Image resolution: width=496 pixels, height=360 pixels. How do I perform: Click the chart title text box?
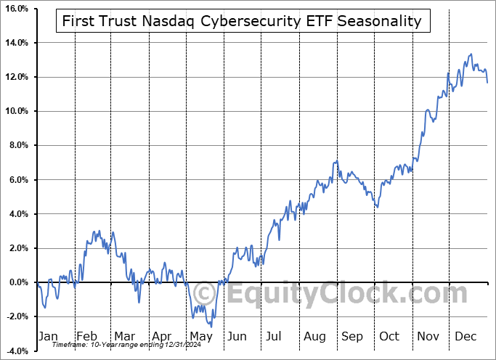click(243, 21)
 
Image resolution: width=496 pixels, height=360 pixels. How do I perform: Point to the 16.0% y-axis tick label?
click(16, 9)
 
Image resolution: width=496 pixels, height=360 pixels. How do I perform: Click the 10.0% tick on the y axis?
click(16, 111)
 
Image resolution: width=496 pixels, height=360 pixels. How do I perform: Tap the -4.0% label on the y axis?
click(16, 351)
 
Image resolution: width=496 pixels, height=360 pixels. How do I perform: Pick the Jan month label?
click(48, 336)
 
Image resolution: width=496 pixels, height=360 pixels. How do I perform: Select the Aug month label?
click(314, 336)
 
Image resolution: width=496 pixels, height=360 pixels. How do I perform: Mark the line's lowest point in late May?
click(211, 327)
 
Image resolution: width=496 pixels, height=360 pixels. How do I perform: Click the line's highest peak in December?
click(471, 54)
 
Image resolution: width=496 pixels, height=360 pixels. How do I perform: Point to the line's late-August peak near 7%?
click(336, 161)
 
